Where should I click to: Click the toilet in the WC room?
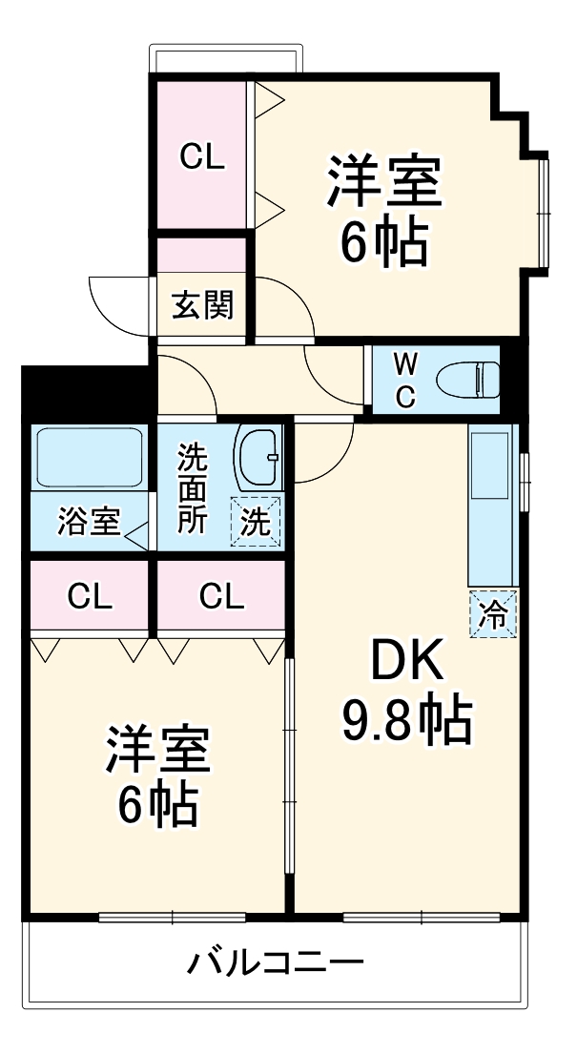(468, 379)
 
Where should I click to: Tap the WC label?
(405, 380)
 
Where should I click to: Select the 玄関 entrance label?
(202, 306)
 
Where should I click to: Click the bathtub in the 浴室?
(88, 458)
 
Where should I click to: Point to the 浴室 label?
(89, 522)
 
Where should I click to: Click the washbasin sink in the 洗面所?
(258, 457)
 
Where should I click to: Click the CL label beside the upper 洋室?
(203, 157)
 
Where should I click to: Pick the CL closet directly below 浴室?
(90, 597)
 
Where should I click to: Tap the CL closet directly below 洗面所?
(221, 597)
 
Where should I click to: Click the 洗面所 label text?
(192, 488)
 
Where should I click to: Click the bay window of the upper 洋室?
(544, 210)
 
